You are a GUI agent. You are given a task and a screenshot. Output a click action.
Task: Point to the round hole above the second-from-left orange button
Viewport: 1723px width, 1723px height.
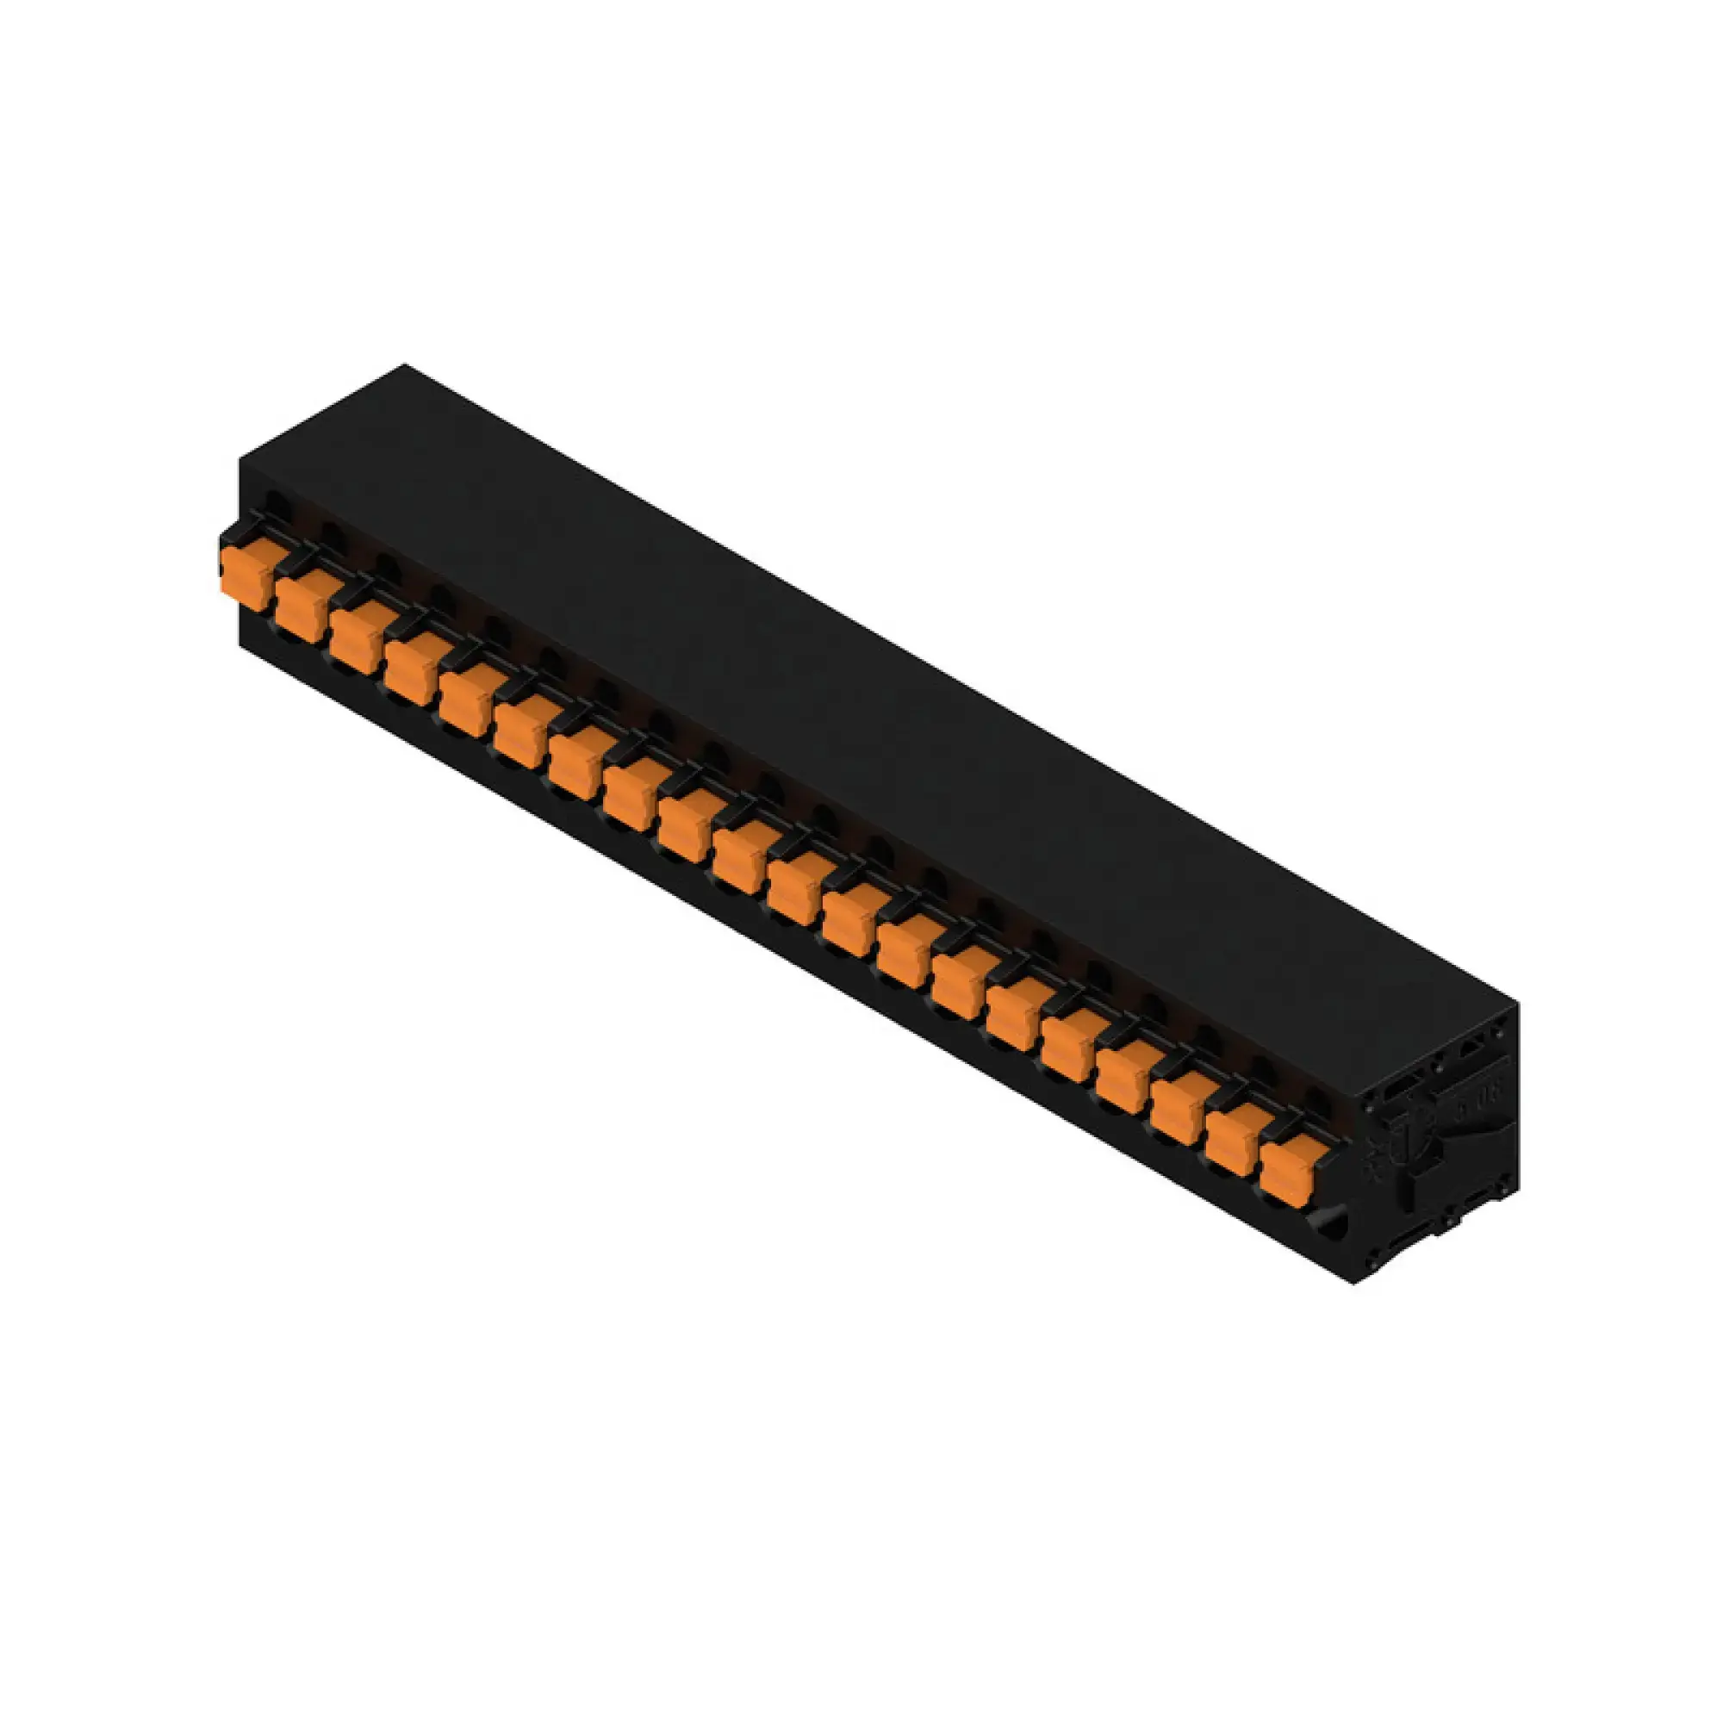(x=332, y=535)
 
